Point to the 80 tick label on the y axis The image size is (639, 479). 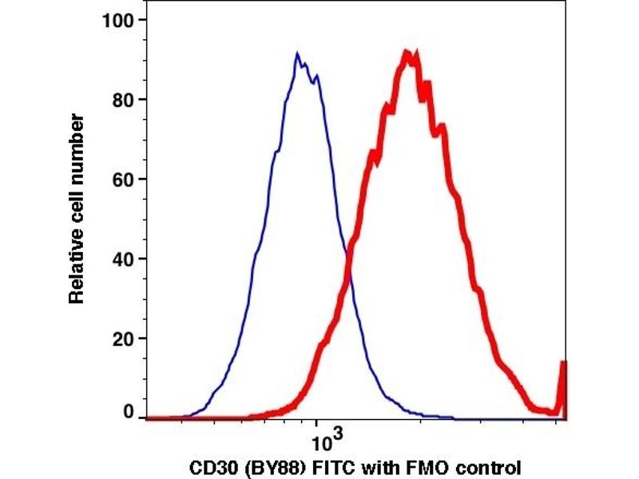click(123, 100)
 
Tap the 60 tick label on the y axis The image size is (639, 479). click(123, 179)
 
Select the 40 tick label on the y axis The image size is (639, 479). click(123, 259)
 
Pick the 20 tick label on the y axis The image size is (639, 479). click(123, 338)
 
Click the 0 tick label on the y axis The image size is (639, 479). click(128, 413)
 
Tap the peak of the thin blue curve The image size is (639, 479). click(297, 55)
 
